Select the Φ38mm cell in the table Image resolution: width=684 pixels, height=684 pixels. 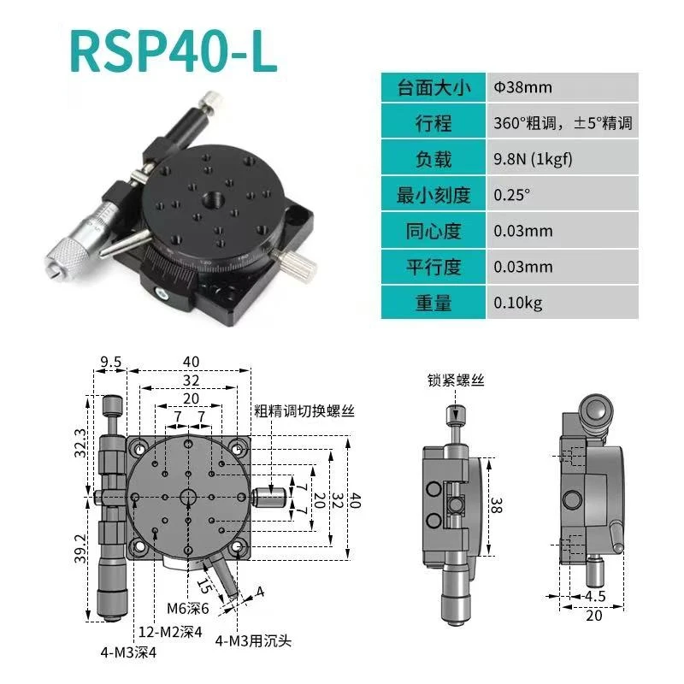click(x=522, y=87)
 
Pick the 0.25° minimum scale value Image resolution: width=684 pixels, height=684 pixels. click(x=512, y=195)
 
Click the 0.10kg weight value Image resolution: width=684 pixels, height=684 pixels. click(x=517, y=303)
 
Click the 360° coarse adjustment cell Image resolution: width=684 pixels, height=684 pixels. click(x=563, y=123)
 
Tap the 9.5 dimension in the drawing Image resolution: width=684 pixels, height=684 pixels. click(x=109, y=362)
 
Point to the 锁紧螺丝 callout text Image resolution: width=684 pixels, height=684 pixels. click(x=457, y=381)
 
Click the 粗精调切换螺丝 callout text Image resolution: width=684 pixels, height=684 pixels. click(x=304, y=410)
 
